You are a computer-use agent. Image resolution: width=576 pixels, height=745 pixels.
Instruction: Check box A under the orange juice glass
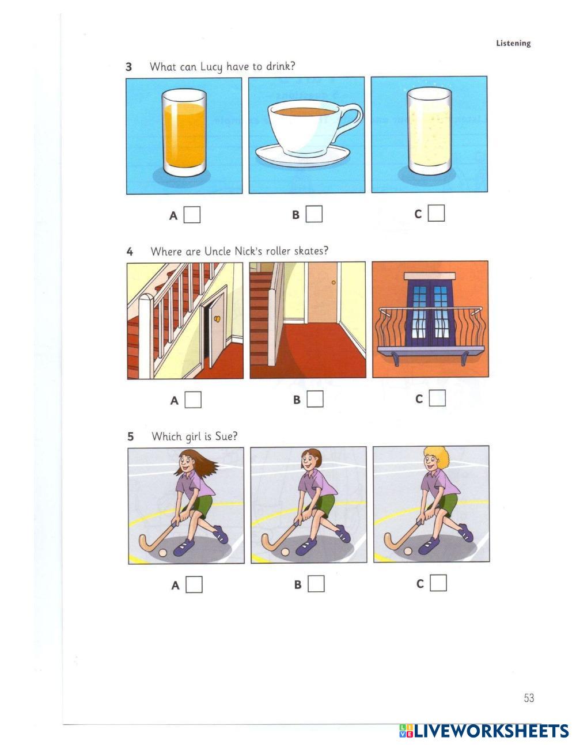(192, 215)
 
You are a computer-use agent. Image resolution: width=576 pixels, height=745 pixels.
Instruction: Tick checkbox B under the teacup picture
(314, 214)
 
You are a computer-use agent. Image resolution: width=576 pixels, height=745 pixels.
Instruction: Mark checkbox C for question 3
(437, 213)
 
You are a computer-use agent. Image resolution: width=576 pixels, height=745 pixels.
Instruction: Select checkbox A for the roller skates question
(193, 400)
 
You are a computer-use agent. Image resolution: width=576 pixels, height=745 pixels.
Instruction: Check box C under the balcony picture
(438, 398)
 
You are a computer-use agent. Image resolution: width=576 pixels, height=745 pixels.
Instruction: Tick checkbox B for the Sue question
(316, 584)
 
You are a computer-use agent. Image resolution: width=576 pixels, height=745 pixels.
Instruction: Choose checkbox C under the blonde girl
(438, 583)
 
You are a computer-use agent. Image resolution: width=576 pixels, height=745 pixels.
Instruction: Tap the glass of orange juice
(184, 132)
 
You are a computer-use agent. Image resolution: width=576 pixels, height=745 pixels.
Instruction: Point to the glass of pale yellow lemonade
(429, 131)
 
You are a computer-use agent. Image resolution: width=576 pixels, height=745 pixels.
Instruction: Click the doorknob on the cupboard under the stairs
(217, 319)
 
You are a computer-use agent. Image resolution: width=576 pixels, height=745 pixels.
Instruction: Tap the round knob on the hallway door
(334, 283)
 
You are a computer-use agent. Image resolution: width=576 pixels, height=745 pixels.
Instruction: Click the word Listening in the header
(513, 43)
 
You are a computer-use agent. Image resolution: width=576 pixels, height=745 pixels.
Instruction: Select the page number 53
(529, 698)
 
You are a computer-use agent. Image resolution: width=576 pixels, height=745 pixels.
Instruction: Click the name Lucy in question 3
(211, 67)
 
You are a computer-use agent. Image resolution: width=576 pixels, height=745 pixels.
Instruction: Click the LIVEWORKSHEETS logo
(484, 731)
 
